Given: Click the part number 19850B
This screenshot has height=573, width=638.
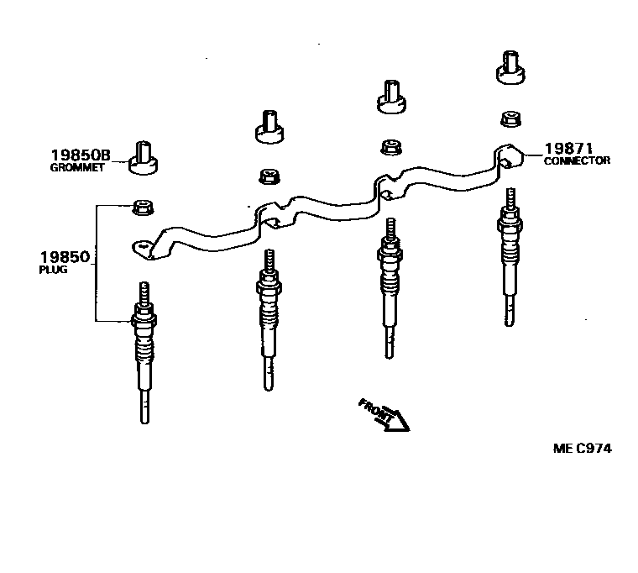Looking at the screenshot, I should [x=80, y=155].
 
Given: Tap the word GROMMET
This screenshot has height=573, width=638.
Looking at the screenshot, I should [x=76, y=167].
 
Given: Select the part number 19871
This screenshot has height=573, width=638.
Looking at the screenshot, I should [x=569, y=148].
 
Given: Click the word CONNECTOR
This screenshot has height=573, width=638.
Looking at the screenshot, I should [x=577, y=160].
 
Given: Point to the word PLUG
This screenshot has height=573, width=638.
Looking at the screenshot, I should [x=52, y=271].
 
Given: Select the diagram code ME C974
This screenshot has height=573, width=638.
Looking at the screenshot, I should [x=582, y=448].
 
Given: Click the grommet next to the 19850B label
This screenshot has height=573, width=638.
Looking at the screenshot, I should [x=144, y=157].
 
